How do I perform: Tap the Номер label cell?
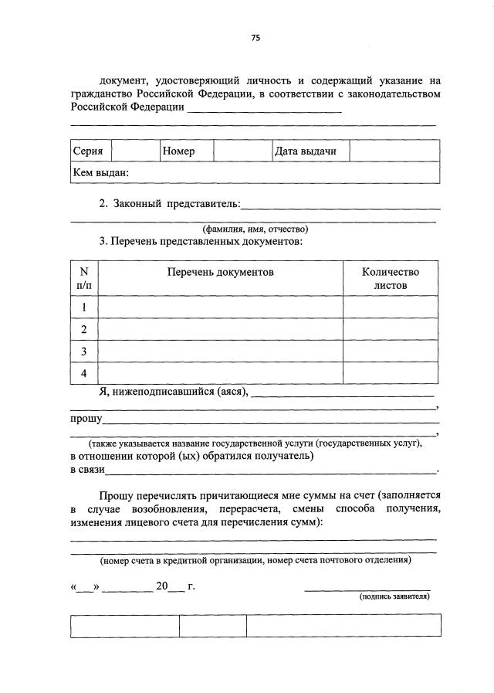pos(178,151)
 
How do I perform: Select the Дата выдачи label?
pos(305,151)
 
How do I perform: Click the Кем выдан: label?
pos(100,172)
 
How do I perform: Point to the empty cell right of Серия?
pos(136,151)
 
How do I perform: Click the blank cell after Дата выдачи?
pos(394,151)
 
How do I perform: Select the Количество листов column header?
pos(391,278)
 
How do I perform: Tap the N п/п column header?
pos(84,278)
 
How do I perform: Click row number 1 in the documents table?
pos(84,307)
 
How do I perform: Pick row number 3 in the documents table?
pos(84,352)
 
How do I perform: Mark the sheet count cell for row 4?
pos(391,373)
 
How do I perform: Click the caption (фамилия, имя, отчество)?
pos(255,229)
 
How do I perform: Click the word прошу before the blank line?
pos(86,419)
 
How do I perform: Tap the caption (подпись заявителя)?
pos(394,596)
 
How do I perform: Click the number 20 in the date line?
pos(161,586)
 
